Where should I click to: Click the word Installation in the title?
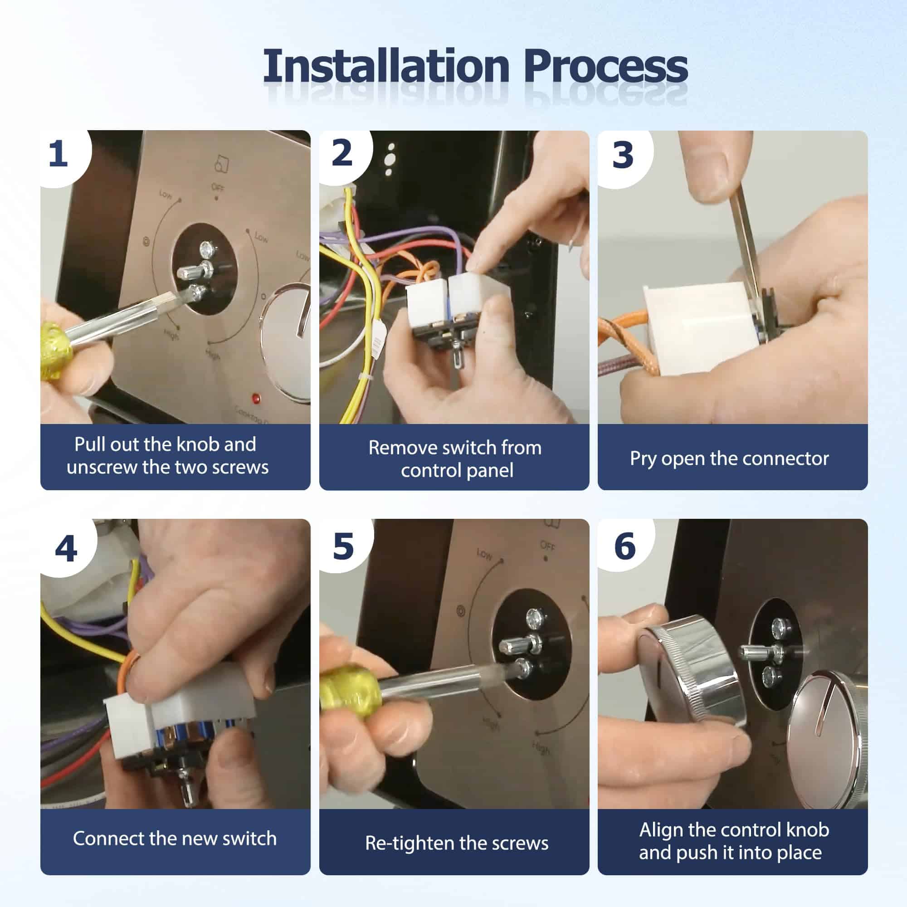click(386, 66)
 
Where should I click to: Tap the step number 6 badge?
click(625, 546)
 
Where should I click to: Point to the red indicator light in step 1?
click(256, 399)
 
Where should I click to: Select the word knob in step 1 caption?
click(198, 444)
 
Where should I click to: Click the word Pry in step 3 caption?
click(643, 459)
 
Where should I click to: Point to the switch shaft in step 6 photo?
click(756, 651)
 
